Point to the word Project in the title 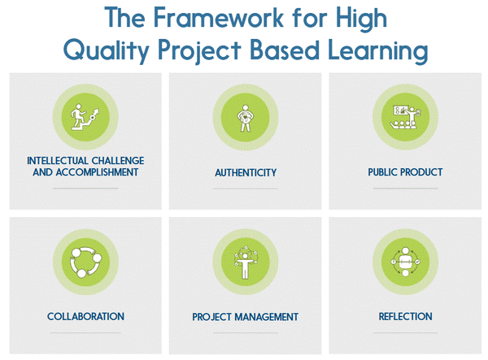click(x=210, y=50)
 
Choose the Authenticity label click(x=246, y=172)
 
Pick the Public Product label click(x=404, y=172)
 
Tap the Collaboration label click(x=85, y=316)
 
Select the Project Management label click(x=245, y=316)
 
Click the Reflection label click(x=405, y=316)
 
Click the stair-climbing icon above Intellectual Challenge click(x=85, y=116)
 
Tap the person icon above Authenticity click(x=246, y=116)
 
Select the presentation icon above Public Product click(x=405, y=116)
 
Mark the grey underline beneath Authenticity click(x=246, y=189)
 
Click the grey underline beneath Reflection click(x=405, y=332)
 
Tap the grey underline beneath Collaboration click(x=85, y=332)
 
